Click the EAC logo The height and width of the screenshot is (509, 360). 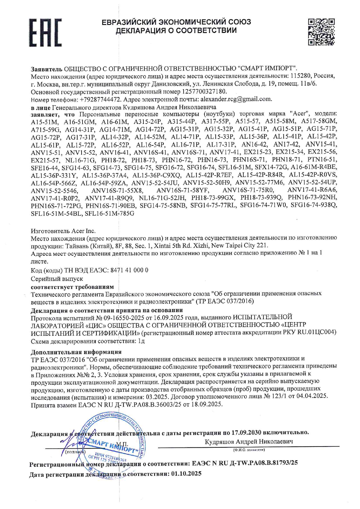(x=45, y=33)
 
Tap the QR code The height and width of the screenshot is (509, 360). (x=321, y=32)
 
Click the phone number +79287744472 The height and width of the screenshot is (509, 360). (x=100, y=99)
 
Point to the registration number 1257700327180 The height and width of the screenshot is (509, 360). (x=204, y=91)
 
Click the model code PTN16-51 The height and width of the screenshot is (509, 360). (x=322, y=160)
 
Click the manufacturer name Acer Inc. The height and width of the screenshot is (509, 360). (x=83, y=231)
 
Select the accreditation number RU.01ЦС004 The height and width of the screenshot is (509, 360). (x=317, y=332)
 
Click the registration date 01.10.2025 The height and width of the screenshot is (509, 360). (x=186, y=474)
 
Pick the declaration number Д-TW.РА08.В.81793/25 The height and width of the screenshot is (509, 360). (x=263, y=463)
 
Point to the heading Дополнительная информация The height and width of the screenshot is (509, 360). (x=76, y=352)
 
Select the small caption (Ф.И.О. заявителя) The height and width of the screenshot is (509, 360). (x=249, y=450)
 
